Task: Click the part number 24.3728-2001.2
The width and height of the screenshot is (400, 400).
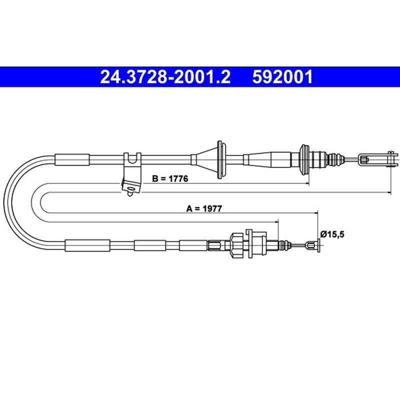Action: click(x=165, y=77)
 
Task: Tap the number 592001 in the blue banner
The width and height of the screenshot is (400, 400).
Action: click(x=282, y=77)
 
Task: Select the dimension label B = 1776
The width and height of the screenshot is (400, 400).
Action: click(x=170, y=178)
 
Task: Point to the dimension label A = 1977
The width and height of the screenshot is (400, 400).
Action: click(x=204, y=208)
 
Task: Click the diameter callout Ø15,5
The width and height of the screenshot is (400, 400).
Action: click(x=332, y=233)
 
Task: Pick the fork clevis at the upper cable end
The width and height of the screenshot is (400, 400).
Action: click(x=378, y=159)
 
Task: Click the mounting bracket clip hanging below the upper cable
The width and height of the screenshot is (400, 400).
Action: click(x=131, y=174)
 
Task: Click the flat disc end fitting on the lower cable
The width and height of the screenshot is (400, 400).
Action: click(x=318, y=245)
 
